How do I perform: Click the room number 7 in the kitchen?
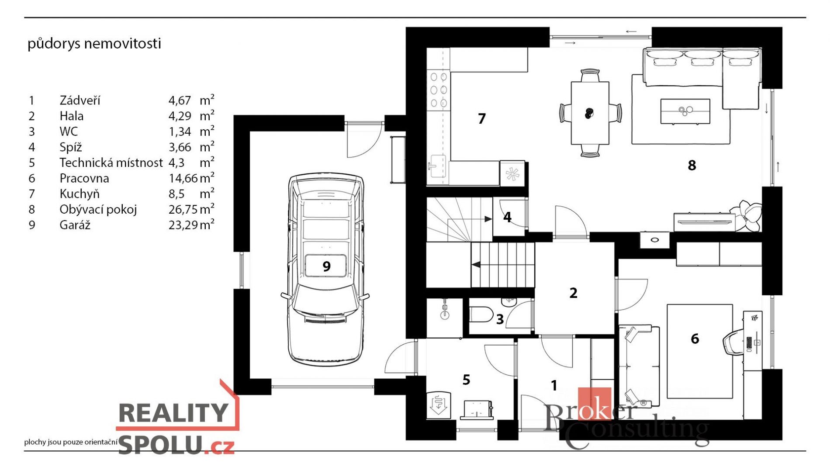click(x=481, y=118)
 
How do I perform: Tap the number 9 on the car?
click(x=326, y=266)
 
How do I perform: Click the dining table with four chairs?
click(x=590, y=113)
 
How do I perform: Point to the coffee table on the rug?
click(x=685, y=111)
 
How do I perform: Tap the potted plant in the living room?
click(x=748, y=215)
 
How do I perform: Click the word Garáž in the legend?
click(x=75, y=225)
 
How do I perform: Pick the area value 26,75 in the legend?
click(x=183, y=210)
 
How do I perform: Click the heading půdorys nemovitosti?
click(x=94, y=44)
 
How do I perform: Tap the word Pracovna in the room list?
click(x=84, y=178)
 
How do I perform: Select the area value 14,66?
click(x=183, y=178)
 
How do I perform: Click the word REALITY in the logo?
click(x=173, y=412)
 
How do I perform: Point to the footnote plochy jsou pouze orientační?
click(x=71, y=442)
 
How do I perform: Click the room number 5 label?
click(x=466, y=380)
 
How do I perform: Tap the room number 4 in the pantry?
click(x=507, y=217)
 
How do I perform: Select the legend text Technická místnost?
click(x=111, y=163)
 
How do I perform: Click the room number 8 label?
click(x=692, y=165)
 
